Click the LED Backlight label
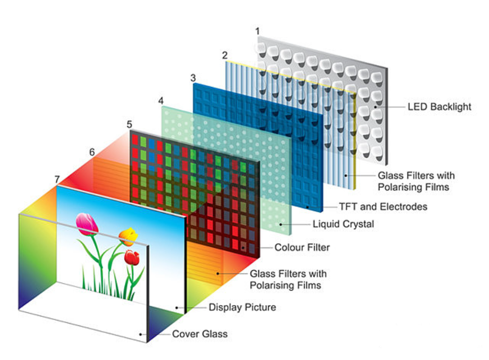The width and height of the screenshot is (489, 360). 439,107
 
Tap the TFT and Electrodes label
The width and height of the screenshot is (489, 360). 383,207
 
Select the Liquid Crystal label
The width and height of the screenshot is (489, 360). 343,223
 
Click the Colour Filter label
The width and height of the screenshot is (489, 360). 302,247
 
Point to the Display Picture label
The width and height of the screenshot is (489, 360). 242,307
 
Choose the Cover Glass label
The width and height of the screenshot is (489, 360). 200,334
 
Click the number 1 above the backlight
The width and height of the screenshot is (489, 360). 257,31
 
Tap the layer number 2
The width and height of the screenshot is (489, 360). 224,55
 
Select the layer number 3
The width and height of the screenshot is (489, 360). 193,77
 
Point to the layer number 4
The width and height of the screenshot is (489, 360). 161,100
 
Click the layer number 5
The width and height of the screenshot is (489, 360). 129,123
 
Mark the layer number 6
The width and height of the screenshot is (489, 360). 92,152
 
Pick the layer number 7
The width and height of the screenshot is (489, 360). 57,179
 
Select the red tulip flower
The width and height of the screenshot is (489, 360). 132,257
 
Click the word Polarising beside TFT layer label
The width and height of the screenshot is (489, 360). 403,187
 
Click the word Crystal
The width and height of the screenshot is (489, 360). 359,223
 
